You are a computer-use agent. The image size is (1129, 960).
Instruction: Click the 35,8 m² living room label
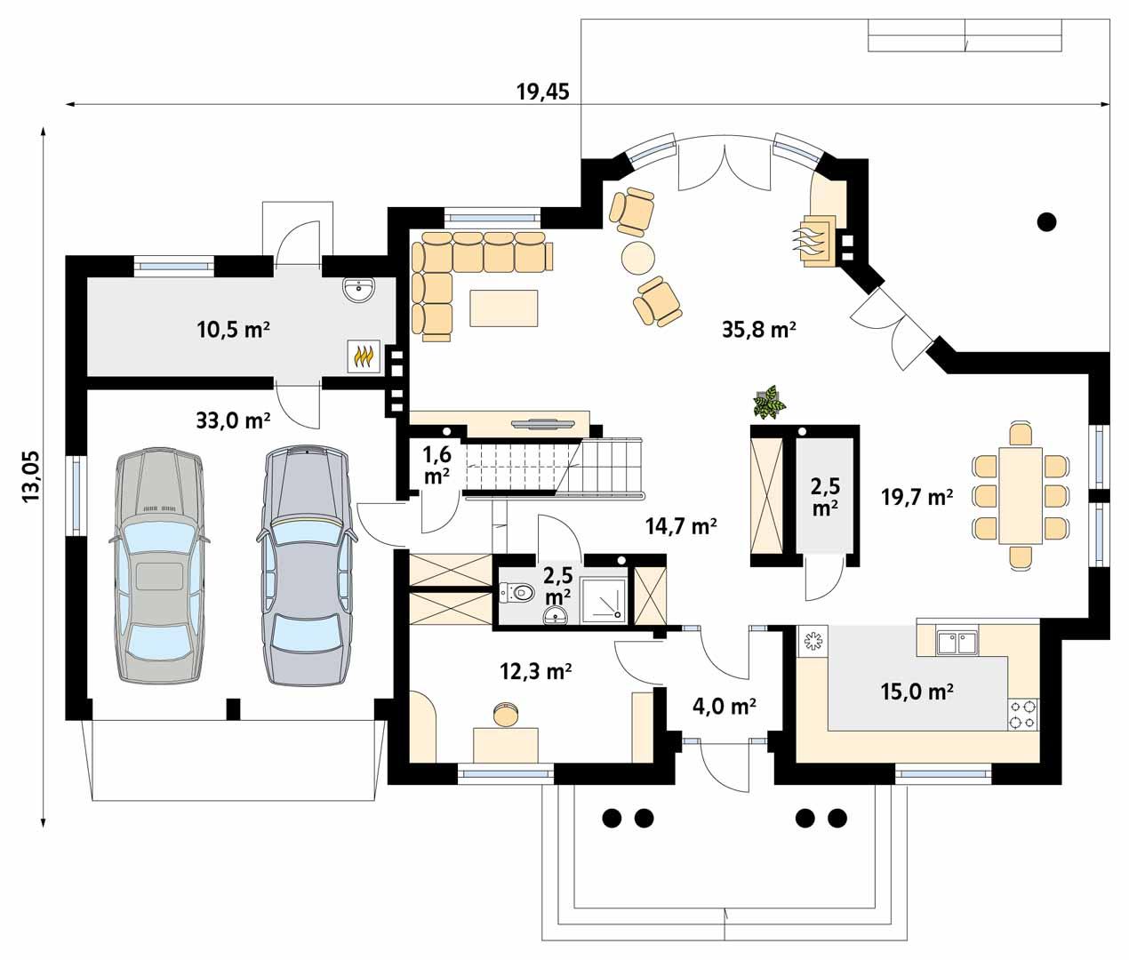758,330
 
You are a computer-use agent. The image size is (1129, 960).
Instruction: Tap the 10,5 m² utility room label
233,330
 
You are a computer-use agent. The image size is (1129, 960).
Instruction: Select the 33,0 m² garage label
233,419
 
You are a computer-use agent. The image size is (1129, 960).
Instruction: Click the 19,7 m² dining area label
917,497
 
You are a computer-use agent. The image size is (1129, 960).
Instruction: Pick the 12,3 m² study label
535,672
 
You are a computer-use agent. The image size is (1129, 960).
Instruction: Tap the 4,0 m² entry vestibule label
724,706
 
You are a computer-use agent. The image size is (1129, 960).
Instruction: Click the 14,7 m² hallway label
681,526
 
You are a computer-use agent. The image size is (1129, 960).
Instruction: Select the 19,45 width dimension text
542,91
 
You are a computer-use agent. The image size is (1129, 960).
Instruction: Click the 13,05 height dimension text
31,477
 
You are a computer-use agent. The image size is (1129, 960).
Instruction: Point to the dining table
1021,495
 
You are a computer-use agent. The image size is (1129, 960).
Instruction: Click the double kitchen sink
957,641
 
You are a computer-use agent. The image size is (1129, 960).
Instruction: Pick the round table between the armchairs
637,258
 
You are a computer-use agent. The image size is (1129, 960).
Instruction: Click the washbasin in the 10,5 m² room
359,289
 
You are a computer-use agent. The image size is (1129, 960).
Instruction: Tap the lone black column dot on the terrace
1047,221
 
